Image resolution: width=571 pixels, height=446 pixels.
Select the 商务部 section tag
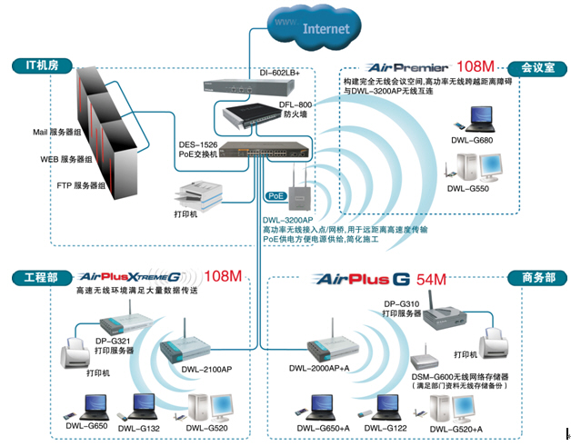[530, 277]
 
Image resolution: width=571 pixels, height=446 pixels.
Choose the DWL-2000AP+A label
[320, 368]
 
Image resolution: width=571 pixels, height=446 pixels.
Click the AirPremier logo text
[408, 67]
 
